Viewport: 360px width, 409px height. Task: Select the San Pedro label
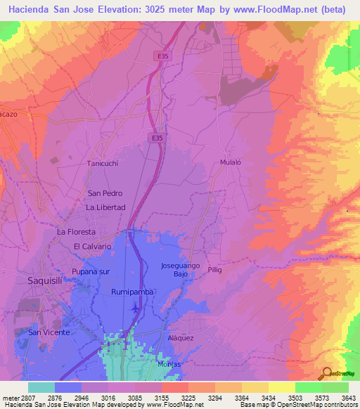[x=105, y=193]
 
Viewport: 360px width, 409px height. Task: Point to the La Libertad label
[x=105, y=207]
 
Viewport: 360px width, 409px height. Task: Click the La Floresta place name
[x=76, y=231]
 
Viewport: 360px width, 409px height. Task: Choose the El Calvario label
[x=93, y=247]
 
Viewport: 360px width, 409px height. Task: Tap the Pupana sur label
[x=91, y=271]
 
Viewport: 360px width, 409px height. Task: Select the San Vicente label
[x=49, y=332]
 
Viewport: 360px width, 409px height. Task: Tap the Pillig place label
[x=215, y=269]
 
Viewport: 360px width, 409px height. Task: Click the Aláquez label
[x=181, y=338]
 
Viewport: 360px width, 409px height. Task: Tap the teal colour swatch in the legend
[x=41, y=387]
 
